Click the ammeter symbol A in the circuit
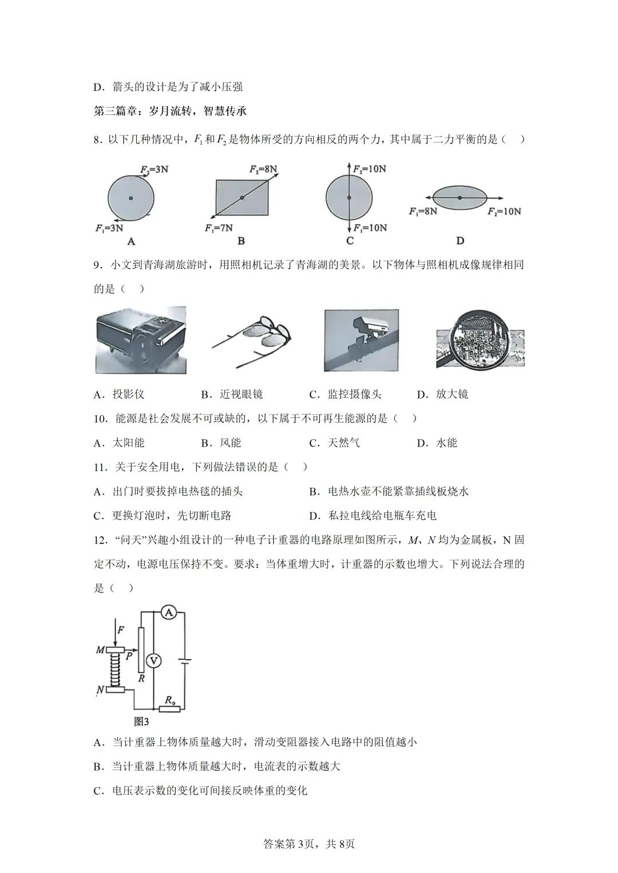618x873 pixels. tap(168, 612)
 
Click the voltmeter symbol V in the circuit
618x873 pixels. tap(153, 661)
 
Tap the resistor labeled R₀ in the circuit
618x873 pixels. tap(169, 708)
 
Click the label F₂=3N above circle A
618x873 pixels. tap(154, 169)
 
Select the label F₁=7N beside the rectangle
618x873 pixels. tap(219, 228)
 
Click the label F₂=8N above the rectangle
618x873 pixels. tap(263, 169)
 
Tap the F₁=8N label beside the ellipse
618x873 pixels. tap(423, 212)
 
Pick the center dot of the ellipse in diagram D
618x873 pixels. tap(459, 198)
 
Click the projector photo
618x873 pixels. tap(140, 340)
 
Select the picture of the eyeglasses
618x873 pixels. tap(252, 340)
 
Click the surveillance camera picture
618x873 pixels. tap(361, 340)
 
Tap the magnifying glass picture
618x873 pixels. tap(480, 341)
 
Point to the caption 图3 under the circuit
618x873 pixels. tap(141, 721)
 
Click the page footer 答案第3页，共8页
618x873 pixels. tap(309, 844)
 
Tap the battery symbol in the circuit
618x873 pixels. tap(184, 661)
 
